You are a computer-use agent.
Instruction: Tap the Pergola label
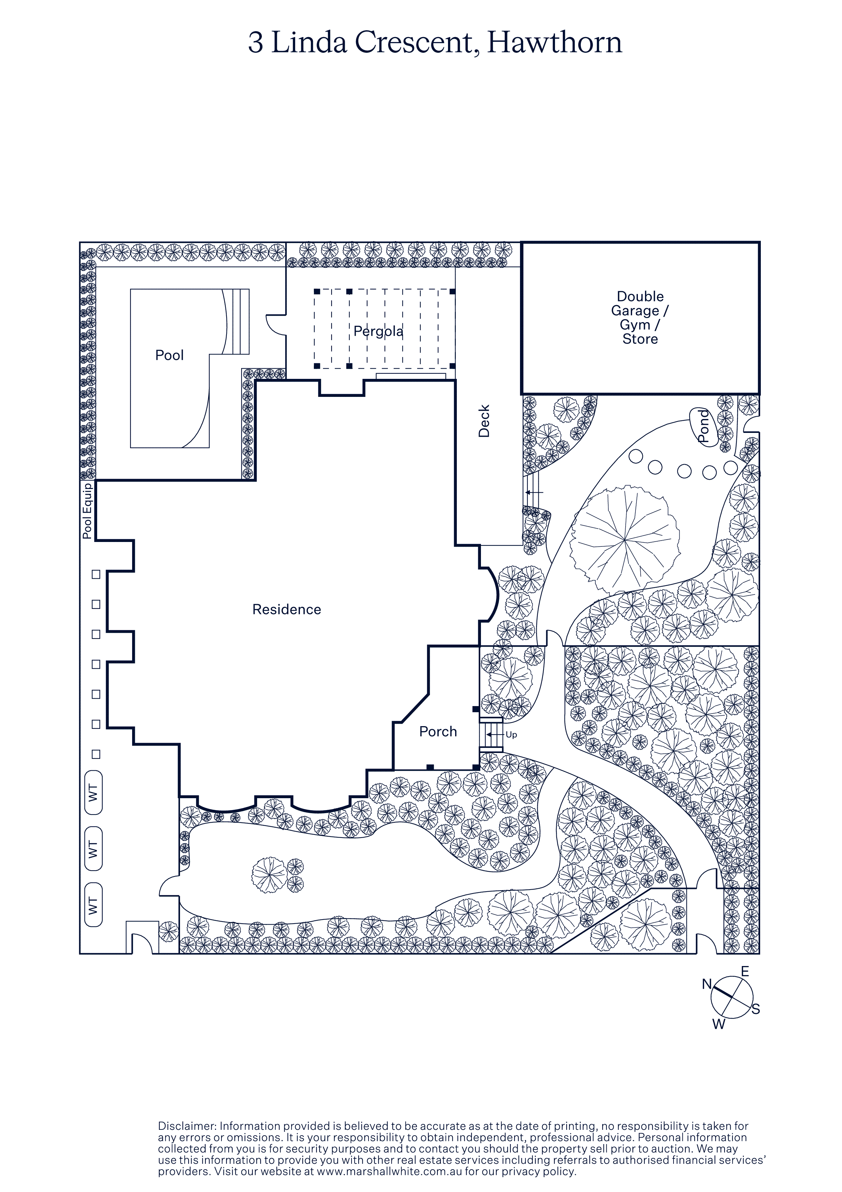point(378,331)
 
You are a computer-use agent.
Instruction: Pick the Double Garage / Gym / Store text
point(640,317)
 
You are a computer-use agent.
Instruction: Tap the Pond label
point(703,426)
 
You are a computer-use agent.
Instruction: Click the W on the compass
point(718,1024)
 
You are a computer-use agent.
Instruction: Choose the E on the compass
point(745,971)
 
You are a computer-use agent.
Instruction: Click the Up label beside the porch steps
point(511,735)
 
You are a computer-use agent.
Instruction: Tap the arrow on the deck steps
point(534,492)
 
